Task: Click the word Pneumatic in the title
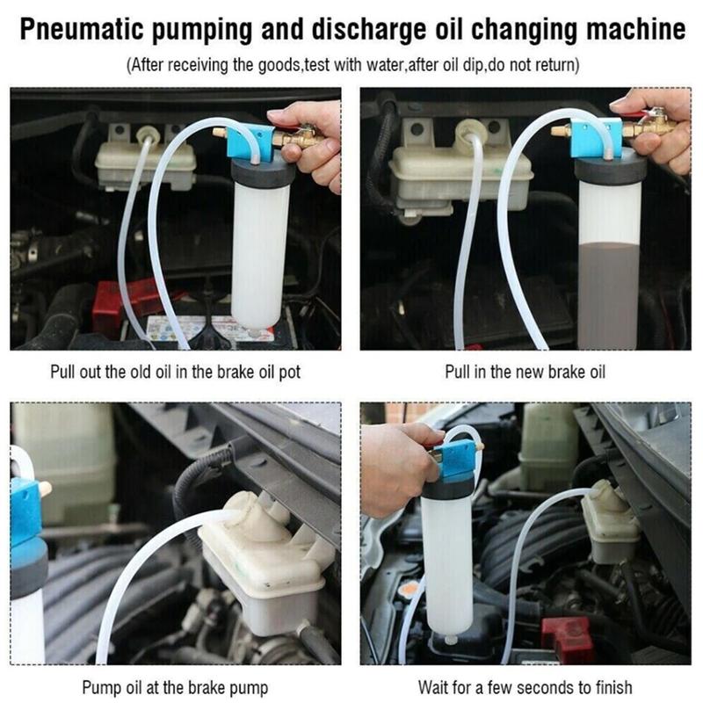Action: pyautogui.click(x=82, y=31)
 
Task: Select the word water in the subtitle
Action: pyautogui.click(x=385, y=65)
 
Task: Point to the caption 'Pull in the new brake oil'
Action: pyautogui.click(x=525, y=372)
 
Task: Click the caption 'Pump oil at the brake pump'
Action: pyautogui.click(x=175, y=687)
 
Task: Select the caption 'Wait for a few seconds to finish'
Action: pyautogui.click(x=525, y=687)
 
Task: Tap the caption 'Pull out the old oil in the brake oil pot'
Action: pyautogui.click(x=175, y=372)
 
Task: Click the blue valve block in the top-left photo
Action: pyautogui.click(x=250, y=142)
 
